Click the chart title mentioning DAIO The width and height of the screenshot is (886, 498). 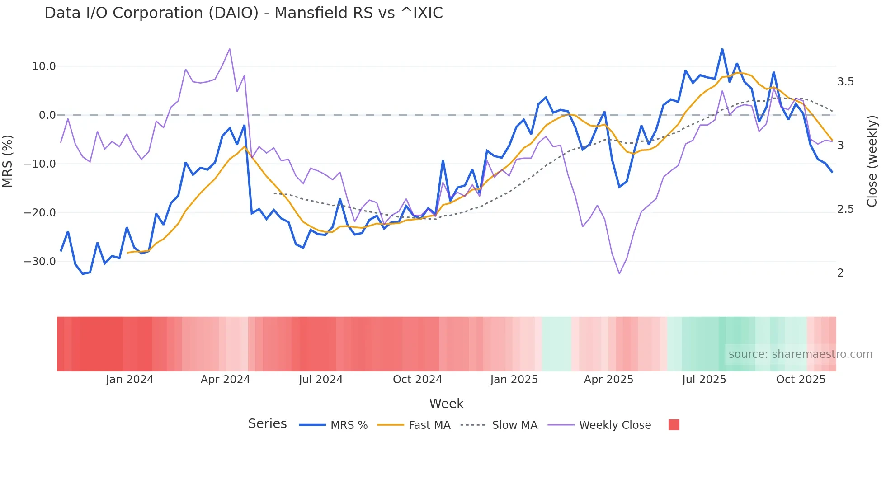244,13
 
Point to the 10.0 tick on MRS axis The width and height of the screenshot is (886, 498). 44,66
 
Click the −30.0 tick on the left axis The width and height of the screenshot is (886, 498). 40,262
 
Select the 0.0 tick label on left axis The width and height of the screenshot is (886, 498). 47,115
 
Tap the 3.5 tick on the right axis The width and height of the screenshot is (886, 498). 845,82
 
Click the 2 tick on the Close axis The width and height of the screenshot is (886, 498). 840,273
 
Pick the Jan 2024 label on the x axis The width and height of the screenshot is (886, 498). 130,380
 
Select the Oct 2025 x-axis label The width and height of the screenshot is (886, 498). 801,380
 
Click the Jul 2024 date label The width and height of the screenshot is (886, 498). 320,380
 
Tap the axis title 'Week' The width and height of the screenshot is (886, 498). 446,404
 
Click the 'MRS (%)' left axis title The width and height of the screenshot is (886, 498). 8,161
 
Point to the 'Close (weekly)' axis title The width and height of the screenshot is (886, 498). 872,161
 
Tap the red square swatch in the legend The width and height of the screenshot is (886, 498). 674,425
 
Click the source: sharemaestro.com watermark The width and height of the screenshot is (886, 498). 800,354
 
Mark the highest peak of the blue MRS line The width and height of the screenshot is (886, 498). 722,49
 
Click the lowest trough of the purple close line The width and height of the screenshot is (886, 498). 619,273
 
